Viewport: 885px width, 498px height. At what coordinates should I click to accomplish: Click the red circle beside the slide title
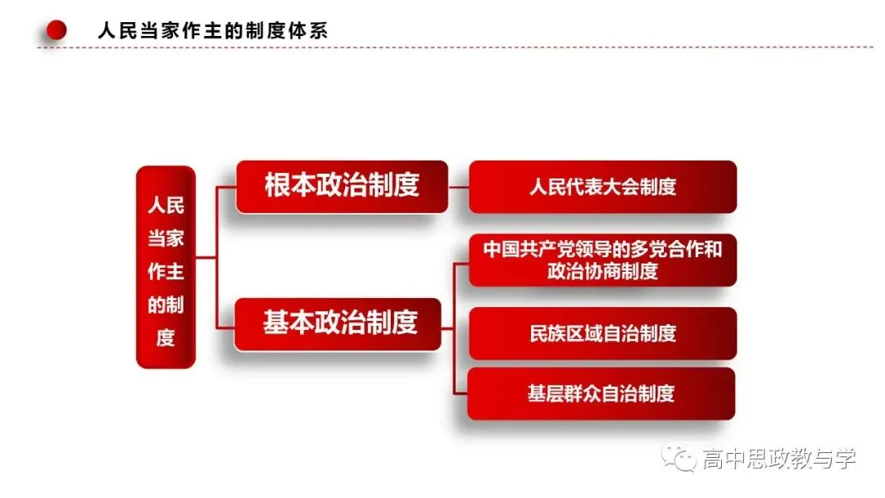(x=57, y=29)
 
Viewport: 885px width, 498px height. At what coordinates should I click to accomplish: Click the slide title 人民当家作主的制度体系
(x=213, y=30)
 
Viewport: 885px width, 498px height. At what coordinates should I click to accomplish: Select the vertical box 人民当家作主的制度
(x=166, y=267)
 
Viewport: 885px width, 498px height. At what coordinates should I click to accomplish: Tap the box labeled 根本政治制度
(x=342, y=187)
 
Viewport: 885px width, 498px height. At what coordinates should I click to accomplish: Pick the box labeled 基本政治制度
(x=338, y=324)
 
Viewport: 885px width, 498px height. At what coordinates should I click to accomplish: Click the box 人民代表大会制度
(x=603, y=187)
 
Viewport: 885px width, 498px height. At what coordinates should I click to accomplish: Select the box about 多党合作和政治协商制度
(x=603, y=260)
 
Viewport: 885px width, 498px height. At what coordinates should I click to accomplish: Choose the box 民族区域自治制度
(x=603, y=333)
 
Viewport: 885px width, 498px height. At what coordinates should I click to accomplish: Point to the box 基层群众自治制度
(x=601, y=394)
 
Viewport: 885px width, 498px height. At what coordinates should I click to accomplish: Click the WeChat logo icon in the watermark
(x=679, y=458)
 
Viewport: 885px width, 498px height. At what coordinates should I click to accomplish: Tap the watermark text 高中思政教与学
(x=779, y=459)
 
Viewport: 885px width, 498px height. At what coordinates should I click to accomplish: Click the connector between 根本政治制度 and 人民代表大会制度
(x=458, y=187)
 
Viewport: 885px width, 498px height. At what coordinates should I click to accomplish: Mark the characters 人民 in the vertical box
(x=166, y=206)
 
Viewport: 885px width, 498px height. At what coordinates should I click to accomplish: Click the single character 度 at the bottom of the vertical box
(x=166, y=338)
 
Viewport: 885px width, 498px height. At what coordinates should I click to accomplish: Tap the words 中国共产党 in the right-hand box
(x=529, y=249)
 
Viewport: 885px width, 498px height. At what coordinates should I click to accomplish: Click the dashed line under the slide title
(x=455, y=48)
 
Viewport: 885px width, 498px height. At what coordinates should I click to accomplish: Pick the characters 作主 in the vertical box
(x=166, y=272)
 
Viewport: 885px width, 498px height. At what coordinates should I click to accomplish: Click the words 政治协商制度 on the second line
(x=603, y=271)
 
